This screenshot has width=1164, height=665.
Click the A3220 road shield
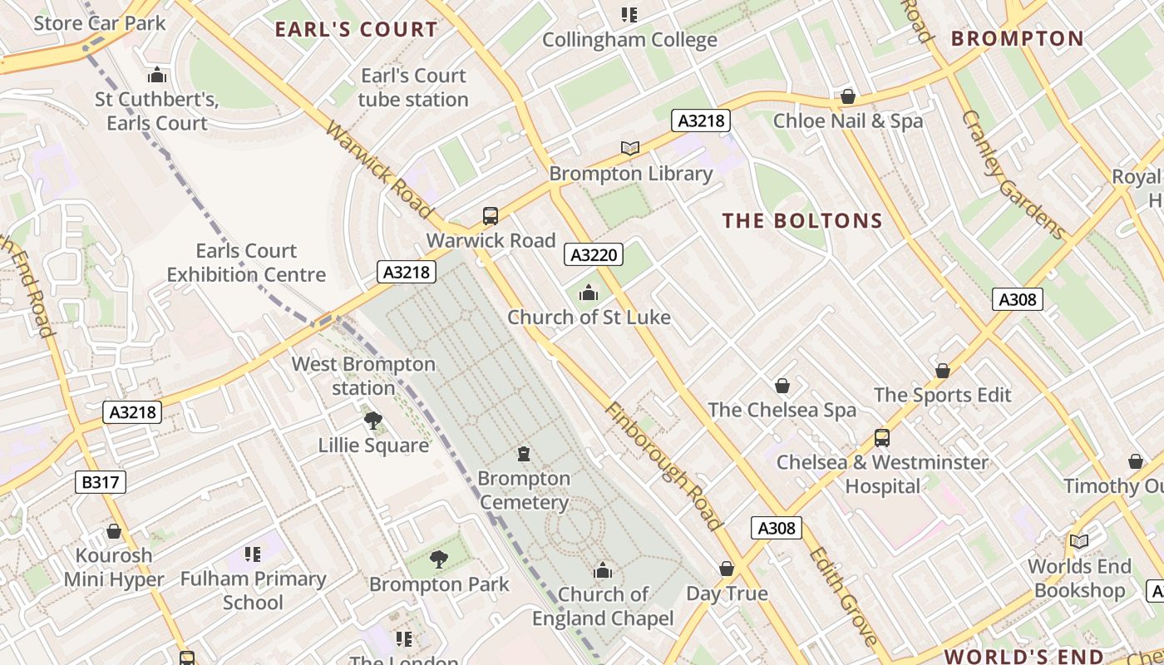(x=594, y=254)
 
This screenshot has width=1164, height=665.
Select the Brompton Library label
(x=630, y=174)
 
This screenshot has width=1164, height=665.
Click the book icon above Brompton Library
(x=630, y=149)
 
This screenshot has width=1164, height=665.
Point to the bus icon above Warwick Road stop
(x=491, y=216)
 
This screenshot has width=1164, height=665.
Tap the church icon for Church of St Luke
(x=589, y=293)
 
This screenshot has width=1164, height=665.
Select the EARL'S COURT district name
(x=356, y=30)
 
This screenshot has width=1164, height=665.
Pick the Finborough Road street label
(x=663, y=466)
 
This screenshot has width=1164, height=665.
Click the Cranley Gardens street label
(x=1013, y=175)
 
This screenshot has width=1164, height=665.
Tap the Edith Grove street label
(x=842, y=595)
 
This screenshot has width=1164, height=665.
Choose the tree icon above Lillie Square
(x=373, y=421)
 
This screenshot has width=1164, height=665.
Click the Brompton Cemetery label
(x=524, y=490)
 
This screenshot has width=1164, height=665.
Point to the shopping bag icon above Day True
(x=727, y=569)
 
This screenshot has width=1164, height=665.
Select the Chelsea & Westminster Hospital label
(x=882, y=474)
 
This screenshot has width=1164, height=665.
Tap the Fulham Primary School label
(x=253, y=590)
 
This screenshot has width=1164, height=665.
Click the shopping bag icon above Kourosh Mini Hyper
(x=114, y=531)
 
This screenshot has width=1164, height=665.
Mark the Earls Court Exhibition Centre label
(x=246, y=262)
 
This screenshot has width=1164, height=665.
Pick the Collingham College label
(x=629, y=40)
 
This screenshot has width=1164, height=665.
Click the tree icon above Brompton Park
(x=439, y=559)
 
